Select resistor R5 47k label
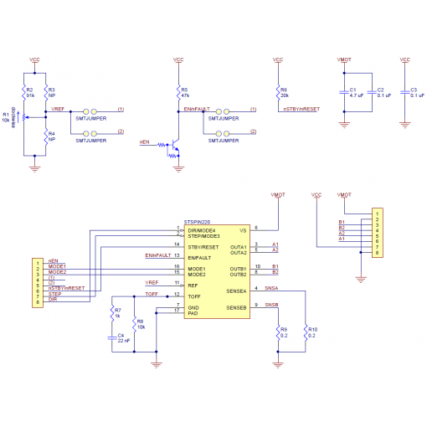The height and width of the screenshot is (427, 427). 185,92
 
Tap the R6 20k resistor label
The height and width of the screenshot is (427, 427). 285,92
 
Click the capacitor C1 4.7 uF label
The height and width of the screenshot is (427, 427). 355,93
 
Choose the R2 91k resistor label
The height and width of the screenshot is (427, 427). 30,93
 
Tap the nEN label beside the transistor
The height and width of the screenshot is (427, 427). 144,143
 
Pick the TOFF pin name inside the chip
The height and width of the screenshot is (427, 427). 194,296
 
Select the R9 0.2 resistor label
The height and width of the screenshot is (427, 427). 284,332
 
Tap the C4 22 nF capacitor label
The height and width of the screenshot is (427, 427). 122,339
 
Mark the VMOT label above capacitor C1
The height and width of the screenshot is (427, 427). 343,60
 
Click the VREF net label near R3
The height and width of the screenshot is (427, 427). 57,110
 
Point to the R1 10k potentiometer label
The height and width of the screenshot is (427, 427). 6,117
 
